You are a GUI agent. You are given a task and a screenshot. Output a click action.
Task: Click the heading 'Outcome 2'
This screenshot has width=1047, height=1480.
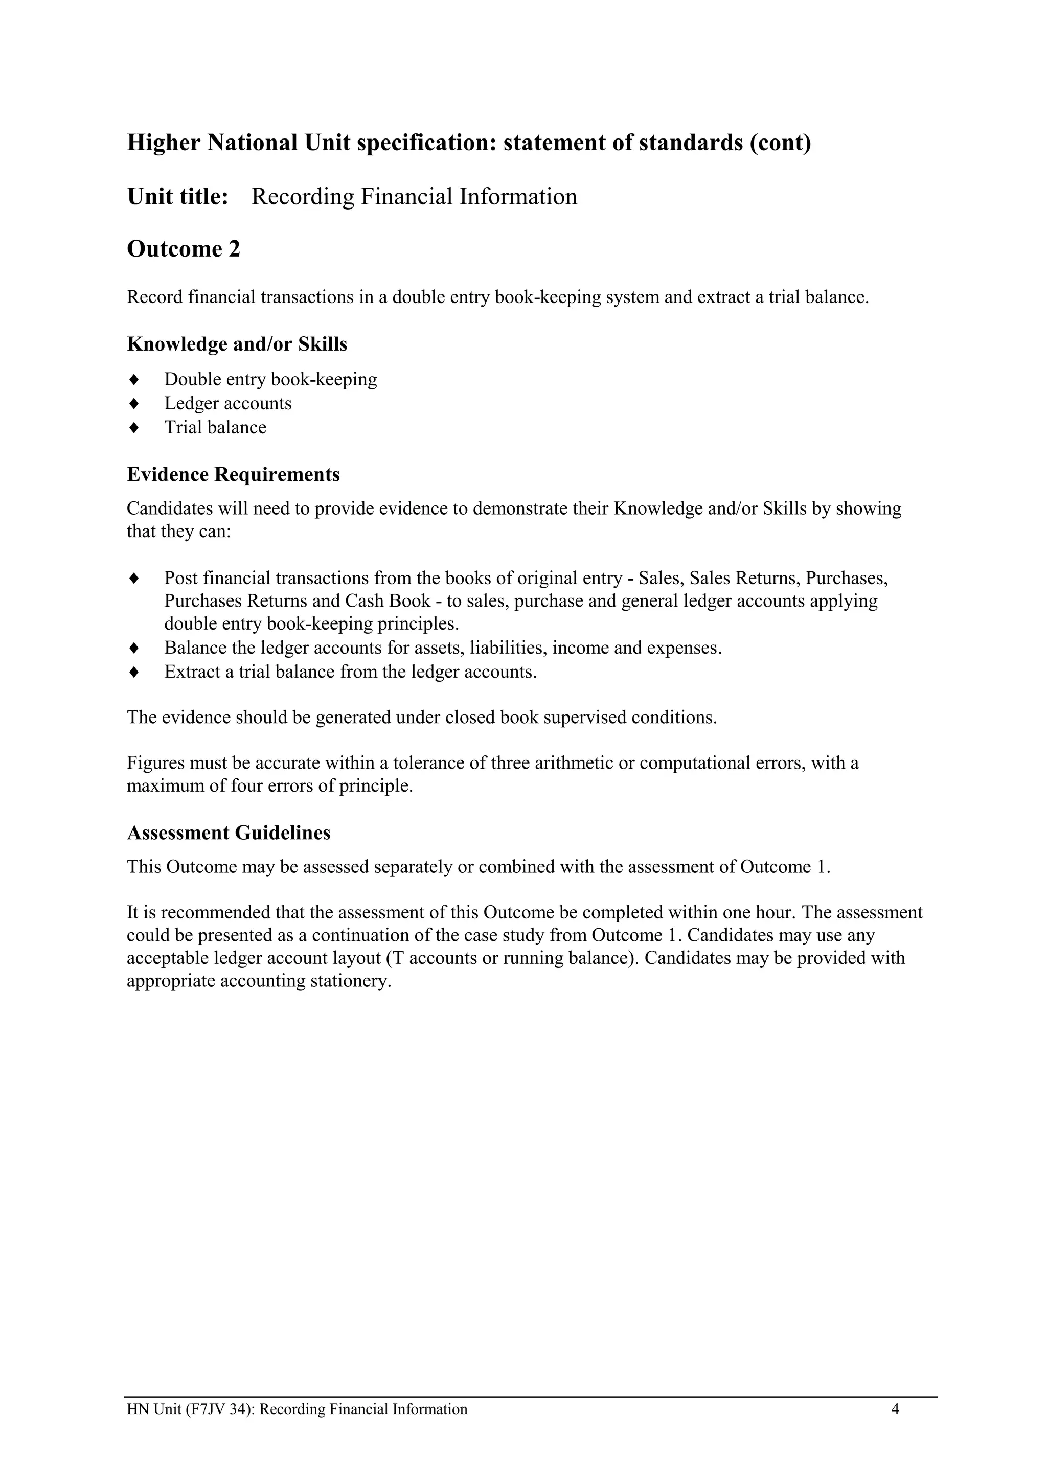click(x=183, y=249)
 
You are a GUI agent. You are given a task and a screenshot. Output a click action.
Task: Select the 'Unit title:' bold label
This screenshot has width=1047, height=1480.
click(x=177, y=197)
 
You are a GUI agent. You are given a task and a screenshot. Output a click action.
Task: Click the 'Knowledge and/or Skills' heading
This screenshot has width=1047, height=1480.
click(x=237, y=344)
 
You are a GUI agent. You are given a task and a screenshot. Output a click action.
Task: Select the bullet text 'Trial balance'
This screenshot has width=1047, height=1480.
click(x=215, y=427)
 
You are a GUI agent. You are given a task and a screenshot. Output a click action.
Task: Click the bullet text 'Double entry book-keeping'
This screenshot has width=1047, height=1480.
click(x=270, y=379)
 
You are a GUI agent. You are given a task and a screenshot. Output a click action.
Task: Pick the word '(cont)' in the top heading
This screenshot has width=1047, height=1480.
click(x=780, y=143)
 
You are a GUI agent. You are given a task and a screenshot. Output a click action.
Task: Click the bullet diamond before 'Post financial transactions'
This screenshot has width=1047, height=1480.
click(x=134, y=578)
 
